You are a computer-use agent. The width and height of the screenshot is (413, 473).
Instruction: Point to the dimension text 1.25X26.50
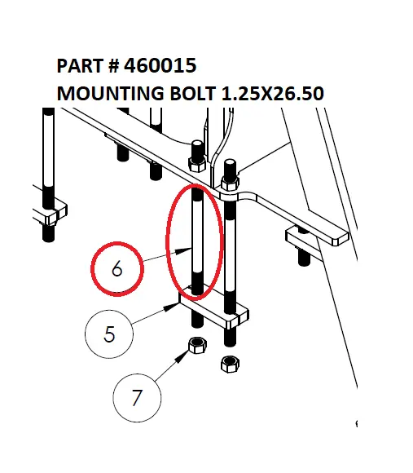(x=273, y=94)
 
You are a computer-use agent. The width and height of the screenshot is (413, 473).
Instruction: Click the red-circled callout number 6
(x=116, y=268)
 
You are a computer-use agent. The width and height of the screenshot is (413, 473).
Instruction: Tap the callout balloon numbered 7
(x=136, y=399)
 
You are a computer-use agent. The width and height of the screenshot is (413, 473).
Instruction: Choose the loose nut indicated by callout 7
(x=196, y=345)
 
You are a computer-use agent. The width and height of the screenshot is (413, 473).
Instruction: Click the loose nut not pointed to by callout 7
(x=229, y=363)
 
